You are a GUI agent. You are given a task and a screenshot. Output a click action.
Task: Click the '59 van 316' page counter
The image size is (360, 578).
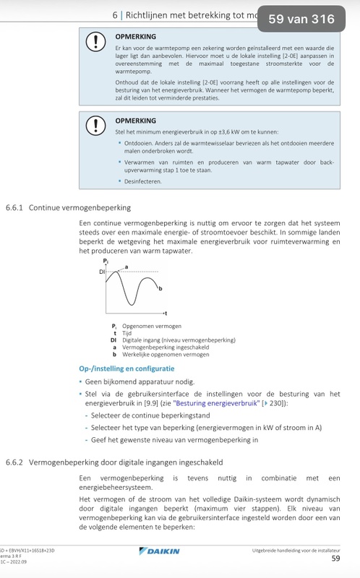click(x=301, y=20)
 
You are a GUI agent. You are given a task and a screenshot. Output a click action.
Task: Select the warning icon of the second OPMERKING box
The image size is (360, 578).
click(x=95, y=126)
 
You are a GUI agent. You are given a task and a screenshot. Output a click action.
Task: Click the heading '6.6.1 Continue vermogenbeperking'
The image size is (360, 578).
click(x=69, y=207)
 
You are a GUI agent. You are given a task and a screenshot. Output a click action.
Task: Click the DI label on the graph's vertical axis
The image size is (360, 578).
click(x=102, y=272)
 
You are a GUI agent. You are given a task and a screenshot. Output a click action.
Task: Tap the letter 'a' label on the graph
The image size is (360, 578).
click(x=127, y=267)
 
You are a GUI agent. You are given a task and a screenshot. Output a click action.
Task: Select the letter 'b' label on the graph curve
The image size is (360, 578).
click(x=159, y=288)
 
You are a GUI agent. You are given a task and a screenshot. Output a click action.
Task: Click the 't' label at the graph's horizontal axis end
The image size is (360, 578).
click(x=166, y=314)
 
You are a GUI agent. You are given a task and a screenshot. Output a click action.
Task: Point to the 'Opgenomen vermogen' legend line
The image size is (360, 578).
click(x=152, y=327)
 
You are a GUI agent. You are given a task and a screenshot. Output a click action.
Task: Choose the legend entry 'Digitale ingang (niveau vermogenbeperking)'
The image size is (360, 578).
click(x=179, y=340)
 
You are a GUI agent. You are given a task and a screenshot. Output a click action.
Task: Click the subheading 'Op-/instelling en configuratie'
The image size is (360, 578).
click(x=126, y=368)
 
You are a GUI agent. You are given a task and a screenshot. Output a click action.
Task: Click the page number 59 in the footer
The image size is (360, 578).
click(x=335, y=558)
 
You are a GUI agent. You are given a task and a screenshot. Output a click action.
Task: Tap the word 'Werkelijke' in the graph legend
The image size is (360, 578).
click(x=135, y=354)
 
